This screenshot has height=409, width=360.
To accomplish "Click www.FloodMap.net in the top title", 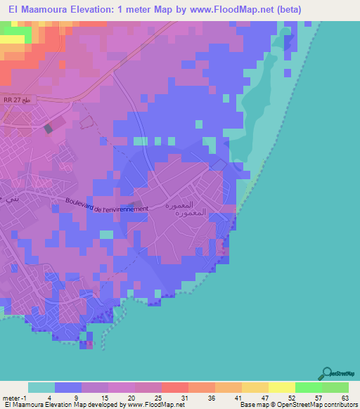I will coord(251,10).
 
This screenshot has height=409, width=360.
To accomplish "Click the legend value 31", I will coord(185,397).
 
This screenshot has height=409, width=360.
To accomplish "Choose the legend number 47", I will coord(264,397).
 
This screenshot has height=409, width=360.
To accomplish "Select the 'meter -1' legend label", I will coord(13,397).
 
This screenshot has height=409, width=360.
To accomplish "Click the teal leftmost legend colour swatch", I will coord(41,387).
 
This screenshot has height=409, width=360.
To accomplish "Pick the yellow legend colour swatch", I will coord(282,387).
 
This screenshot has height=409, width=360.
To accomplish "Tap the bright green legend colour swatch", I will coord(309,387).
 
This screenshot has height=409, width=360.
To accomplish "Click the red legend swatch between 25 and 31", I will coord(175,387).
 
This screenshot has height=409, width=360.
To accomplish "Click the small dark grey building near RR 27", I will coord(49,129).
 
